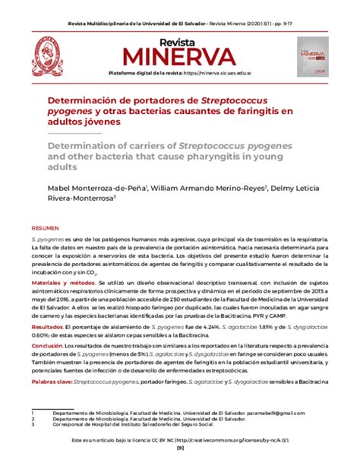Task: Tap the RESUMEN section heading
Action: [x=46, y=228]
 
